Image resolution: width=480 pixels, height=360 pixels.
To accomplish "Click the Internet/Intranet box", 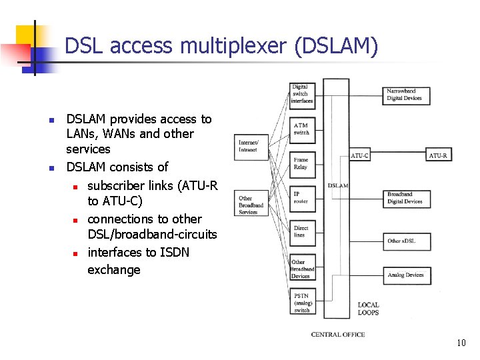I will point(249,146).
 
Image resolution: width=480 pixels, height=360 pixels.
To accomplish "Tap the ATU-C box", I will point(359,155).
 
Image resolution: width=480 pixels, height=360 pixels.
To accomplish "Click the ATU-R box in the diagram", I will point(438,155).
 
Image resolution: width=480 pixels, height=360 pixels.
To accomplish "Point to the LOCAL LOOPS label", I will point(368,309).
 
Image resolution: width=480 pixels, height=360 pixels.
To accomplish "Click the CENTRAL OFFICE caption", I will point(338,335).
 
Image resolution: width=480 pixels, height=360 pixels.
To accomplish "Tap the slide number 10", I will point(461,343).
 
